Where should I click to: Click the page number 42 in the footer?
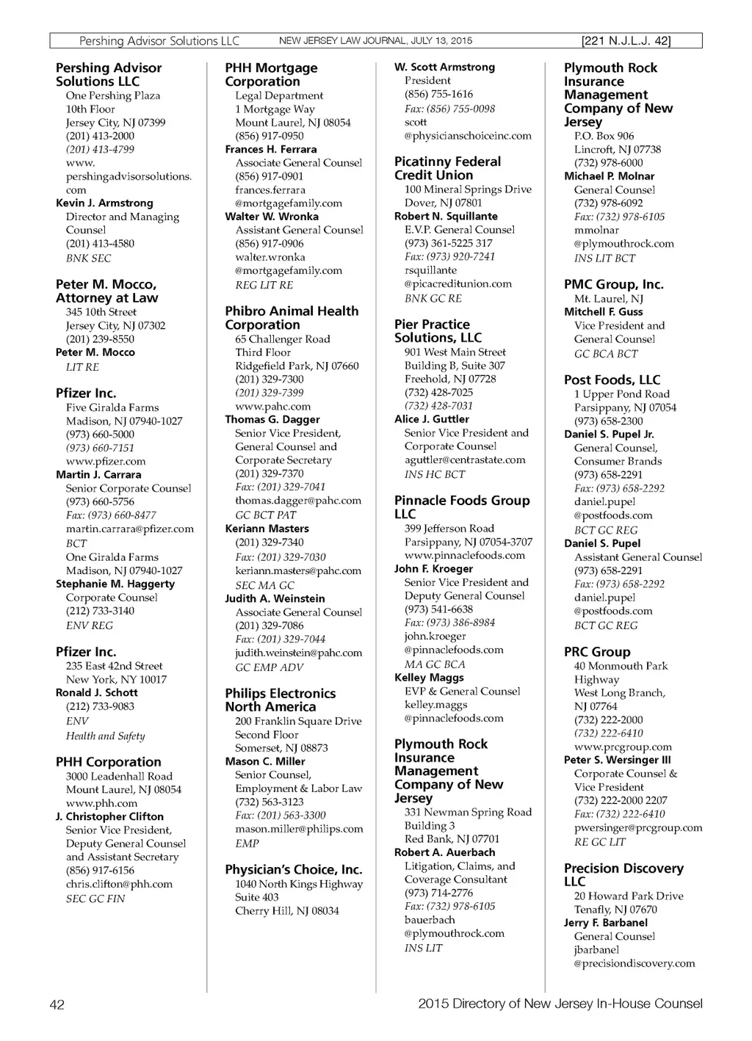coord(57,1004)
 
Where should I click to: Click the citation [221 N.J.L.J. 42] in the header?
coord(626,41)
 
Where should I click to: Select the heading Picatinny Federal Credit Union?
coord(447,168)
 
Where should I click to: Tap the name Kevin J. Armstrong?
coord(104,203)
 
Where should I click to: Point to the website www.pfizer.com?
coord(106,462)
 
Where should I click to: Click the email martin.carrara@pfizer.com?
coord(130,529)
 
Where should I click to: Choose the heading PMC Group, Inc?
coord(613,285)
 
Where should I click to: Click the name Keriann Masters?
coord(267,529)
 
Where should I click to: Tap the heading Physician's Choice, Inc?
coord(294,870)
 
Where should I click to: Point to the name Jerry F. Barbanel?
coord(606,924)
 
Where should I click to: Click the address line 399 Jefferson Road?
coord(449,529)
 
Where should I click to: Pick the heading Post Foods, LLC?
coord(612,380)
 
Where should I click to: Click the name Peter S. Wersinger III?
coord(618,761)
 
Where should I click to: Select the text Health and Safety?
coord(105,736)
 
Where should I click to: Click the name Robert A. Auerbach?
coord(444,853)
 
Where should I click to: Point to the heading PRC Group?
coord(597,652)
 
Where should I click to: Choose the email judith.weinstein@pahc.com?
coord(298,653)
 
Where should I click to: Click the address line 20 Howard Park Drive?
coord(629,896)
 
